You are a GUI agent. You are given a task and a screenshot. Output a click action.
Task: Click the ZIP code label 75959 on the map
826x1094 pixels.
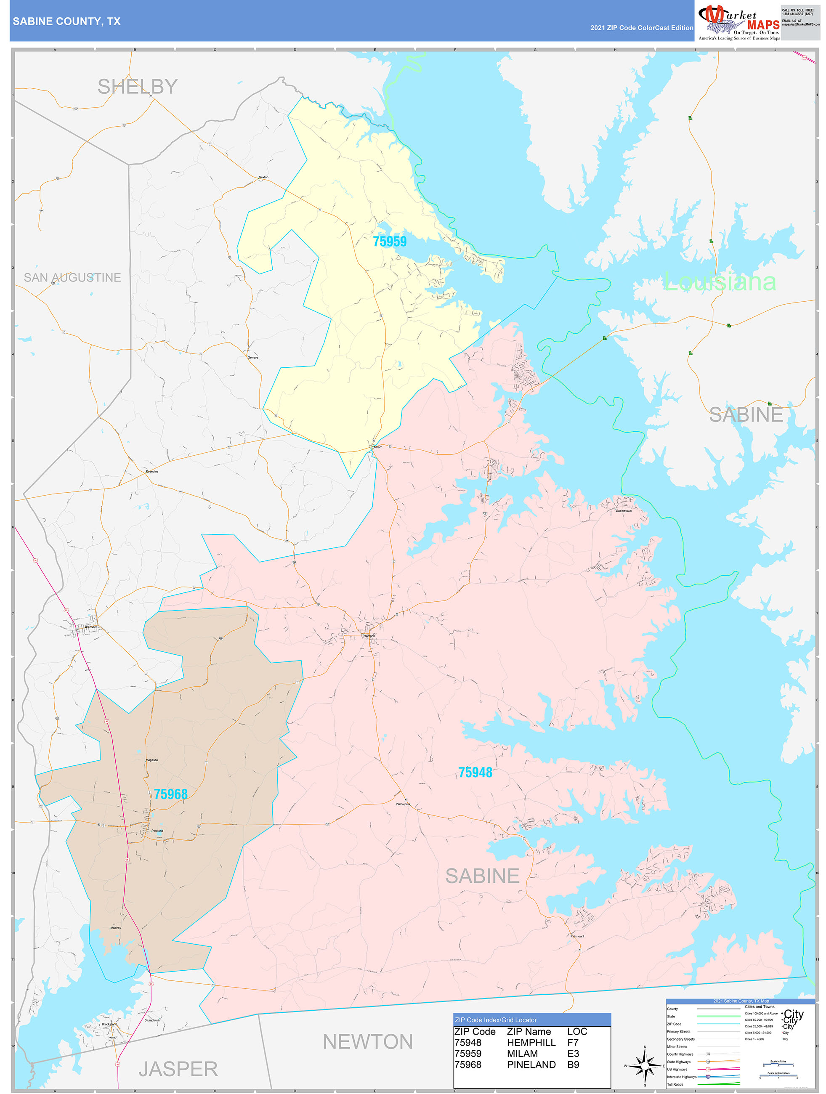[x=389, y=242]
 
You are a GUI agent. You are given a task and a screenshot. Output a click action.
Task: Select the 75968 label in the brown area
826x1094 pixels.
[x=171, y=794]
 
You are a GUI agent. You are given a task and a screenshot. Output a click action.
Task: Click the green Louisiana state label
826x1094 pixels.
[x=719, y=282]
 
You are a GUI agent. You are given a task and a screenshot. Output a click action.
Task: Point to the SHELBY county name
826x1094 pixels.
[x=137, y=87]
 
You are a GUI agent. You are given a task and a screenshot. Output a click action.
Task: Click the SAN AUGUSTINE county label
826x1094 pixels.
[x=72, y=277]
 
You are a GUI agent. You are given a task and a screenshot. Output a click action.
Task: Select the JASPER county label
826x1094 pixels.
[x=178, y=1069]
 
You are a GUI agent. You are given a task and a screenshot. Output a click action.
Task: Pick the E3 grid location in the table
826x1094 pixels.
[x=573, y=1054]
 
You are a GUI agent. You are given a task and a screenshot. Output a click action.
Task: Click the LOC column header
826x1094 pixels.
[x=577, y=1031]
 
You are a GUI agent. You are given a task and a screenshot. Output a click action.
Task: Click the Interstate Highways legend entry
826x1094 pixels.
[x=681, y=1077]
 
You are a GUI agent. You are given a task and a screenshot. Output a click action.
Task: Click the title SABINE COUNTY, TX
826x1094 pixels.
[x=66, y=21]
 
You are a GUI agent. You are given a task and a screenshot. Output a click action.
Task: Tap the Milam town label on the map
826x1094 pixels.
[x=378, y=446]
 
